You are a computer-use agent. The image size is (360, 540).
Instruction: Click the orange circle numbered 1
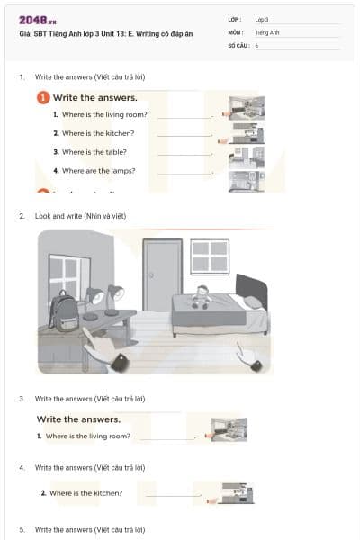tap(42, 97)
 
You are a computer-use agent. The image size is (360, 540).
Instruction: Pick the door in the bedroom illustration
tap(163, 274)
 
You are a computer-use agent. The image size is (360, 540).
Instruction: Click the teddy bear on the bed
tap(202, 296)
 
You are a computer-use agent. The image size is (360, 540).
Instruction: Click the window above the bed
tap(210, 260)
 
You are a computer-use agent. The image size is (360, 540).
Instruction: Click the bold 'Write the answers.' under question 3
tap(78, 418)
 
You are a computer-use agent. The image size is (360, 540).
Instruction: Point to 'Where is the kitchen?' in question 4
tap(85, 493)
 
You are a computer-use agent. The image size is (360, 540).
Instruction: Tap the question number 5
tap(22, 529)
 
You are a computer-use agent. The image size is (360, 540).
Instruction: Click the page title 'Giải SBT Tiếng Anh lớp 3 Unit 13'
tap(94, 33)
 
